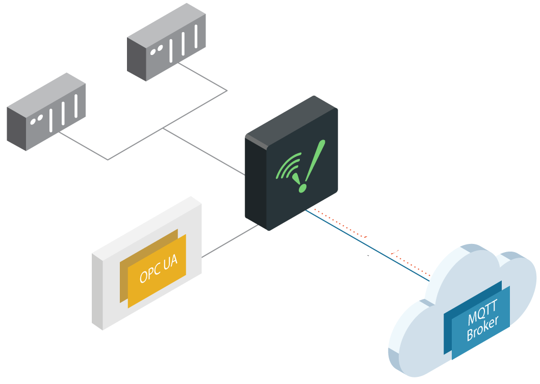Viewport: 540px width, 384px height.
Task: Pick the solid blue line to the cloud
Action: pos(367,244)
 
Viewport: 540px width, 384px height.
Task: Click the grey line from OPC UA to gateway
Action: pos(229,242)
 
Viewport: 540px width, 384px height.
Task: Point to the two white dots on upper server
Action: pos(157,49)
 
